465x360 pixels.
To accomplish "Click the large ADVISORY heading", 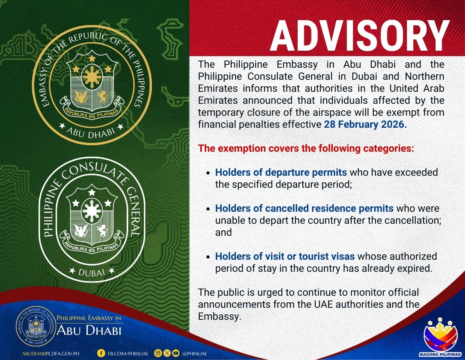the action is (360, 36).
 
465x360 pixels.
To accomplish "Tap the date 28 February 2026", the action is (365, 124).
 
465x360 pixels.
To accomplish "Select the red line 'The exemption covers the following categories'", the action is (306, 148).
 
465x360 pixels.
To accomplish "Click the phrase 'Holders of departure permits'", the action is (281, 172).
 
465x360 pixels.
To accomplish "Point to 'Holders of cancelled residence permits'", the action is (304, 208).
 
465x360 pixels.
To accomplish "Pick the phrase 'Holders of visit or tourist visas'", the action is (285, 256).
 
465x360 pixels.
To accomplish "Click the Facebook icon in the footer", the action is (101, 353).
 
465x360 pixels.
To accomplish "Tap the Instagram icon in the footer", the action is (158, 353).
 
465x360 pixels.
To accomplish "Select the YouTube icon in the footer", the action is (176, 353).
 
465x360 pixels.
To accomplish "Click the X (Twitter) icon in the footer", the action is (167, 353).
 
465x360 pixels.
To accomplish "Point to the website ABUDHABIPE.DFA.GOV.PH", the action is (50, 353).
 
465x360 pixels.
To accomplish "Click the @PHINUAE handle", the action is (195, 353).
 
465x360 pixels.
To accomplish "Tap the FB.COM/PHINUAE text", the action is (128, 353).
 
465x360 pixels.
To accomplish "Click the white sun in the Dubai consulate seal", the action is (92, 211).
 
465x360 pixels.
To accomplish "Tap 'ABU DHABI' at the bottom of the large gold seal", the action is (91, 133).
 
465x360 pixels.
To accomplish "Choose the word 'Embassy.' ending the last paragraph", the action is (220, 317).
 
